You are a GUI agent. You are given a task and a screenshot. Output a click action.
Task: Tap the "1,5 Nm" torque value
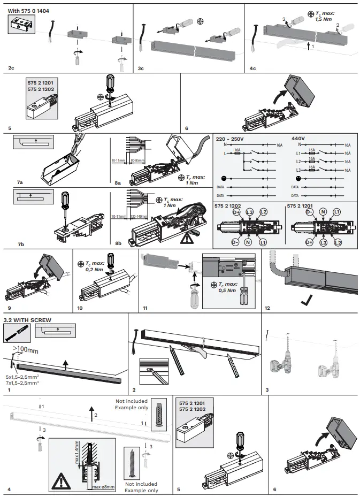(x=325, y=20)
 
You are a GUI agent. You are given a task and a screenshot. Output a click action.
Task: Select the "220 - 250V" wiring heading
(x=229, y=138)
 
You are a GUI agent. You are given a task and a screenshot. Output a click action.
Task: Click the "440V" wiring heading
(x=298, y=138)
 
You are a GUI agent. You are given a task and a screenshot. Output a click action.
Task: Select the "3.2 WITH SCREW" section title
(x=27, y=320)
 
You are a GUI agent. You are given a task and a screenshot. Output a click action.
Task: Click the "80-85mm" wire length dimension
(x=137, y=159)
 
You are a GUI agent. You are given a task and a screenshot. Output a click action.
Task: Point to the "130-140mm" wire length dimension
(x=137, y=217)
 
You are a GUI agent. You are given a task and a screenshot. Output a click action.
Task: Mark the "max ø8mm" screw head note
(x=103, y=487)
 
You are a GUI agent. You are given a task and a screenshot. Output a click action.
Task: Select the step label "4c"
(x=252, y=68)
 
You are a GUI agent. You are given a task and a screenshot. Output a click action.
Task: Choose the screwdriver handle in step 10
(x=111, y=259)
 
